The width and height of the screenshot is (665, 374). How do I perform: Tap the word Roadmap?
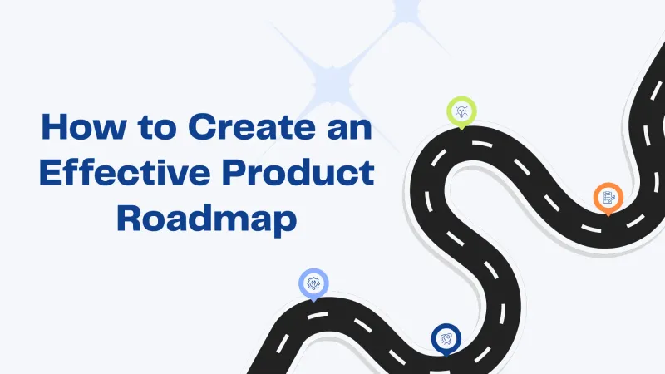pos(206,218)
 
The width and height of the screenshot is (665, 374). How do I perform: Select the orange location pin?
pos(608,199)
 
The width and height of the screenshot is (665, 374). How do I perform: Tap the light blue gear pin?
pos(313,284)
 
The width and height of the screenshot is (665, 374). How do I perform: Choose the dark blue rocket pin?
pos(446,338)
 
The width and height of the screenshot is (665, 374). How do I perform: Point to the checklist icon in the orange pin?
pos(608,197)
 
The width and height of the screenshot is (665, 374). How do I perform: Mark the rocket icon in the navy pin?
pos(446,337)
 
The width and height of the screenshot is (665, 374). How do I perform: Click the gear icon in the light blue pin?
pos(313,283)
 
